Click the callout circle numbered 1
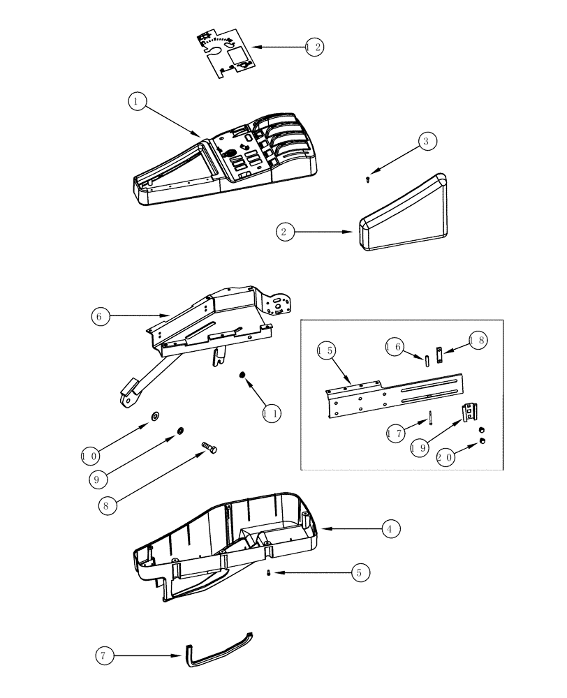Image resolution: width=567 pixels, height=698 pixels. pyautogui.click(x=138, y=102)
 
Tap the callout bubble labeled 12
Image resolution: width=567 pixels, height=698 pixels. pyautogui.click(x=314, y=47)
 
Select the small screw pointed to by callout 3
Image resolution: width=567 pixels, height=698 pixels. pyautogui.click(x=368, y=179)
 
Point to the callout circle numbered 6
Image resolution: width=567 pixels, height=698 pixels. pyautogui.click(x=101, y=316)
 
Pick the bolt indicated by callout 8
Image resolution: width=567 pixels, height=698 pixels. pyautogui.click(x=208, y=448)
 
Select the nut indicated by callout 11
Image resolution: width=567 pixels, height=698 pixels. pyautogui.click(x=242, y=376)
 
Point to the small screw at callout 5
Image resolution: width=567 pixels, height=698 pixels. pyautogui.click(x=270, y=573)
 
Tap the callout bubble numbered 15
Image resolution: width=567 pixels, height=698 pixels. pyautogui.click(x=325, y=350)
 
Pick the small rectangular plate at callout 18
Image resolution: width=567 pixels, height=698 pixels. pyautogui.click(x=439, y=355)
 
